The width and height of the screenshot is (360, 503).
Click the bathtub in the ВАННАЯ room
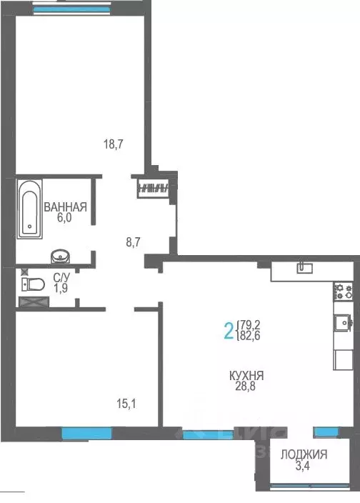click(x=29, y=207)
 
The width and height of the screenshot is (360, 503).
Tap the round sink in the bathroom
click(x=59, y=256)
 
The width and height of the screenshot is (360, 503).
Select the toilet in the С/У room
click(x=31, y=284)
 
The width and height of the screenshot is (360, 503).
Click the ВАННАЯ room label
click(x=65, y=208)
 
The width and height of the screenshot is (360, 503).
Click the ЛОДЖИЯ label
click(x=304, y=454)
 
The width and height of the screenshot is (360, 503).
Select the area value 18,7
click(x=114, y=144)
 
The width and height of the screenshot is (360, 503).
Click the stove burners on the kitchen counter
click(x=344, y=291)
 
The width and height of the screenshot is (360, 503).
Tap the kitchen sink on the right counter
click(x=343, y=322)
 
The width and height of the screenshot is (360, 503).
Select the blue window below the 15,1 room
click(x=86, y=432)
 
